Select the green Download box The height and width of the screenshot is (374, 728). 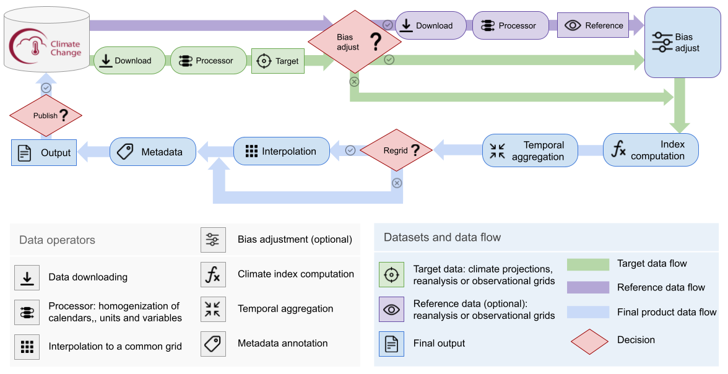(130, 61)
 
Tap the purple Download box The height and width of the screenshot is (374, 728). (431, 25)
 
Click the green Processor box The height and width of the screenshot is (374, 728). (209, 61)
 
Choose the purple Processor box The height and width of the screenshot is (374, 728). (511, 25)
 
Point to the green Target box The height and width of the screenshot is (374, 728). (278, 61)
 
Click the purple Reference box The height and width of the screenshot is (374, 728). (593, 25)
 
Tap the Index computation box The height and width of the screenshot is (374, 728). (651, 150)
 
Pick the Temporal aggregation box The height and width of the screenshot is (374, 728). (530, 151)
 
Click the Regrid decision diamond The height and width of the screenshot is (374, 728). (396, 150)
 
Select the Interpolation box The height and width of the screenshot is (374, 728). (281, 151)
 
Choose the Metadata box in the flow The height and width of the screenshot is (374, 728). (153, 152)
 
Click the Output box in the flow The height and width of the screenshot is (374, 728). (44, 152)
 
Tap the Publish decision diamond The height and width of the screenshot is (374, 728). (46, 115)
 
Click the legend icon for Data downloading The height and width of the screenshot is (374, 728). (27, 277)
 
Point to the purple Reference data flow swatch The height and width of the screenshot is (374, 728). (588, 287)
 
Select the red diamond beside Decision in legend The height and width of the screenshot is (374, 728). (588, 341)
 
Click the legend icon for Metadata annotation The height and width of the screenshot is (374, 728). (213, 343)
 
